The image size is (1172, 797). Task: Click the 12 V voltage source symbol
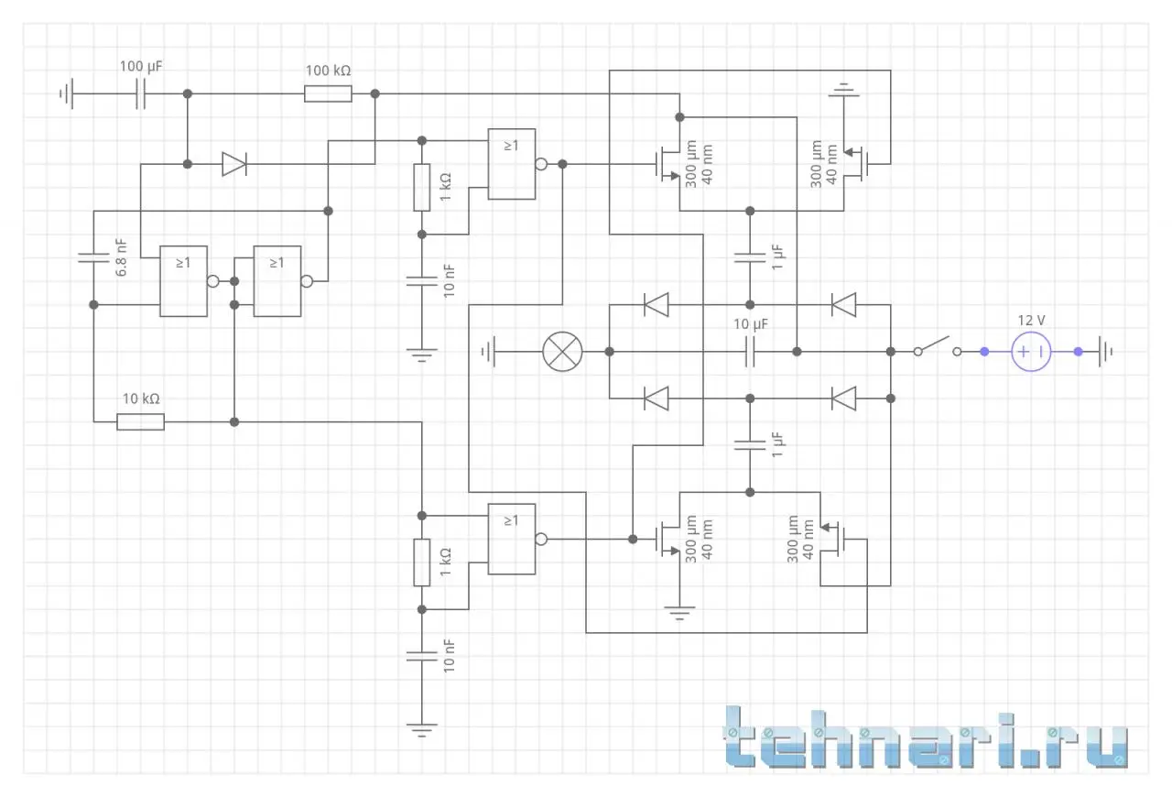(x=1031, y=351)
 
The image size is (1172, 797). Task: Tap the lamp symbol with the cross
(x=562, y=351)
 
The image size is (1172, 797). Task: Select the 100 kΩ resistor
(x=328, y=93)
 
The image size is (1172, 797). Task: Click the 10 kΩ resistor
(x=140, y=421)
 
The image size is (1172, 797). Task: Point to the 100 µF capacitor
(x=140, y=93)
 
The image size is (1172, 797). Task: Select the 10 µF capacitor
(x=750, y=351)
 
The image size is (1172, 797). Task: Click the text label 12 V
(x=1032, y=320)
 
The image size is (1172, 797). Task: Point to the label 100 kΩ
(x=328, y=71)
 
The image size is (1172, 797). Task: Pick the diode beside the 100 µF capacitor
(x=233, y=164)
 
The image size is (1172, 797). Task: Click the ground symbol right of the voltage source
(x=1109, y=351)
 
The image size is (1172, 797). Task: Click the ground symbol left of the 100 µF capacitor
(x=66, y=93)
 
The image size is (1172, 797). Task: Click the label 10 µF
(x=750, y=323)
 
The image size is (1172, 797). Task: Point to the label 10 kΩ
(x=141, y=399)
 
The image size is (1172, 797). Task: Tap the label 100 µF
(x=141, y=67)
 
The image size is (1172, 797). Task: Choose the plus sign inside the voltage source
(x=1023, y=351)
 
